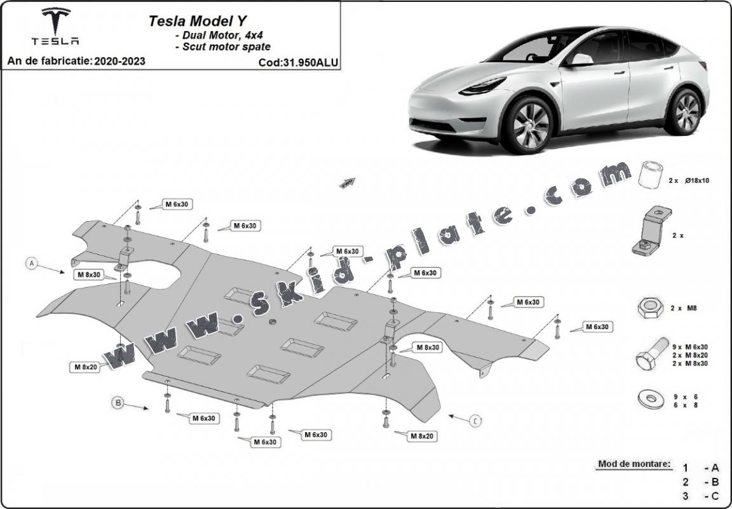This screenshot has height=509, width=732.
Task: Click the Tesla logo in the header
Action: [56, 27]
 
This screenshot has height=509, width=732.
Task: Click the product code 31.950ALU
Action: [298, 62]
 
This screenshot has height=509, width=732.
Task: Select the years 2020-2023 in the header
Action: [119, 61]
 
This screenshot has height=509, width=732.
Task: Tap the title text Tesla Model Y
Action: [190, 20]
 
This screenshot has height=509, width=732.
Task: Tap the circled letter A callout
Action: [31, 262]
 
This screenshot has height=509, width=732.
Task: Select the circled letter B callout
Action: [118, 402]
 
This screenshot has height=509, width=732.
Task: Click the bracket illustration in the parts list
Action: [648, 233]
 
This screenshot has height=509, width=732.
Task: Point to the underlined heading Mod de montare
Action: [634, 464]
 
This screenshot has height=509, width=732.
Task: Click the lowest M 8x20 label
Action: [421, 436]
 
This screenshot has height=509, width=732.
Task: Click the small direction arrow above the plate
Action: [348, 183]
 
